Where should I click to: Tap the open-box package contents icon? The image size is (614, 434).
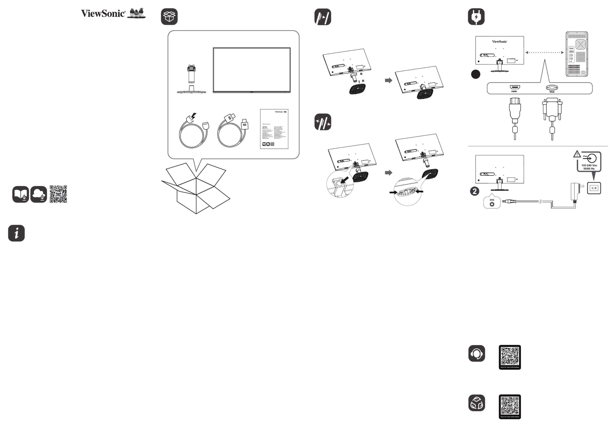[x=169, y=17]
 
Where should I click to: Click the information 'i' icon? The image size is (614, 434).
[x=16, y=233]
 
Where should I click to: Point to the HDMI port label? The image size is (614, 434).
[x=514, y=91]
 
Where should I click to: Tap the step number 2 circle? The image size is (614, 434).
[x=475, y=191]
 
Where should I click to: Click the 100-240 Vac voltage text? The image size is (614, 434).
[x=589, y=165]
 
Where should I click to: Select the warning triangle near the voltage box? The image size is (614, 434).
[x=577, y=154]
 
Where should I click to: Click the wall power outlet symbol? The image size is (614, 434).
[x=594, y=188]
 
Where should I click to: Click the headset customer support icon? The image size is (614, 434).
[x=477, y=354]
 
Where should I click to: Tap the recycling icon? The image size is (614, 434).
[x=477, y=403]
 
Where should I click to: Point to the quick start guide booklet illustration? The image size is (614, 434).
[x=274, y=129]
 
